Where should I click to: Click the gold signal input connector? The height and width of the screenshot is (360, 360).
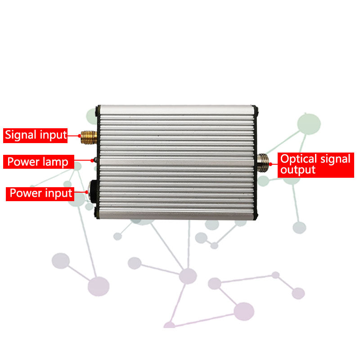pos(89,137)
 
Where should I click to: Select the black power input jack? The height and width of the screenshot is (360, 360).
pos(94,192)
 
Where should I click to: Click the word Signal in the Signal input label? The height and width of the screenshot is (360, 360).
pos(21,135)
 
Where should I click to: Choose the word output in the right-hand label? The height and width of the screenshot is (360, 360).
pos(298,171)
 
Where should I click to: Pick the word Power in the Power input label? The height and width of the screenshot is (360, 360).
pos(26,193)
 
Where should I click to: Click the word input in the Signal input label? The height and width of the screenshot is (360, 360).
pos(53,135)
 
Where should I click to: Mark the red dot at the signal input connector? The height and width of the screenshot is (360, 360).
pos(80,136)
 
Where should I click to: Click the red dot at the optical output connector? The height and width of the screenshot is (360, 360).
pos(270,164)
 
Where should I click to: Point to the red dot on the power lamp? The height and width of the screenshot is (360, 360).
pos(92,161)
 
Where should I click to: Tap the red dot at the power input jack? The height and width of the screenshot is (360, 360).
pos(86,192)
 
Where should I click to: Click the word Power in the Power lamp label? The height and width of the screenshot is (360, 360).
pos(23,162)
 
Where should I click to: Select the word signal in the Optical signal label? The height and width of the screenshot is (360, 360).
pos(335,159)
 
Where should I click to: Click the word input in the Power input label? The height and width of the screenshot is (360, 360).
pos(59,193)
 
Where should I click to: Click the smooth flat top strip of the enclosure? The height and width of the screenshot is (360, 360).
pos(177,109)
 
